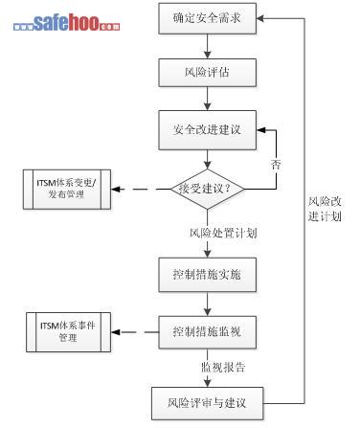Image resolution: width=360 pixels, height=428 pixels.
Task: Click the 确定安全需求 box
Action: click(208, 18)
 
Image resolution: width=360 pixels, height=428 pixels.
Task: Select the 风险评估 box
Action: click(208, 73)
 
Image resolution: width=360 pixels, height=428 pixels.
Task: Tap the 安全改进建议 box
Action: click(208, 130)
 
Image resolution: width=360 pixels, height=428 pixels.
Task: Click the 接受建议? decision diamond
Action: click(208, 189)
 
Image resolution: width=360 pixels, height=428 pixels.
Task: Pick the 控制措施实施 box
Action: click(208, 275)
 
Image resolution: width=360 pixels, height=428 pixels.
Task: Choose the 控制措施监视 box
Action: click(208, 332)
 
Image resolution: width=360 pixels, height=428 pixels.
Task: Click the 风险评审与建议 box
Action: click(208, 403)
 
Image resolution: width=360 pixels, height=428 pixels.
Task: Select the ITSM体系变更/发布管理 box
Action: click(67, 190)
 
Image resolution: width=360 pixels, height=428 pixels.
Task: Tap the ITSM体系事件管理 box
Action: click(68, 332)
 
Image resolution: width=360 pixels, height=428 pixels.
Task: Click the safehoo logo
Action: click(67, 22)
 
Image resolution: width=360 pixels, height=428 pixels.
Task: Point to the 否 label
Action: click(276, 165)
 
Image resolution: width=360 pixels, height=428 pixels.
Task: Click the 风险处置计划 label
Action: click(223, 233)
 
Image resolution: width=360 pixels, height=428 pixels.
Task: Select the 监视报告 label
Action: click(223, 367)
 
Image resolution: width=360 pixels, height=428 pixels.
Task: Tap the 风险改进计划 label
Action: click(325, 209)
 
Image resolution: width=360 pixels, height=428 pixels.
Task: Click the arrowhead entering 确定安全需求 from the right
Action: click(260, 18)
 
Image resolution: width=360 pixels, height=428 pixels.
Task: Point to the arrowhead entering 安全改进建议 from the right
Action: click(261, 130)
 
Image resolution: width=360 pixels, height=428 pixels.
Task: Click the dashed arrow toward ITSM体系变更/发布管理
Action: click(141, 190)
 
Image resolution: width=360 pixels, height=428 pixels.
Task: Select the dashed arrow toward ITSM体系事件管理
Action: click(135, 332)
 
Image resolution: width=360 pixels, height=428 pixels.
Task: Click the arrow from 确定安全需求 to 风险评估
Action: click(208, 46)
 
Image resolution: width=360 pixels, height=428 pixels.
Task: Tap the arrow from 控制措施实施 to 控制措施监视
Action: click(208, 304)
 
